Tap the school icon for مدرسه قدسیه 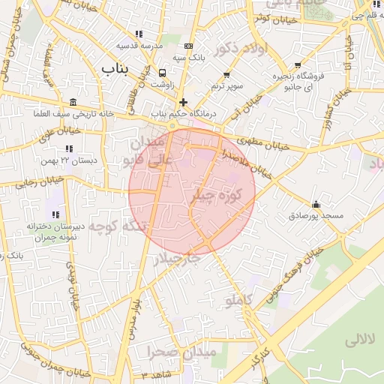(138, 34)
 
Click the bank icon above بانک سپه (187, 46)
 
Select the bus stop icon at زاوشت (163, 73)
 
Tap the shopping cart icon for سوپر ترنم (226, 75)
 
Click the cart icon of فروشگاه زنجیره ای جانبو (298, 64)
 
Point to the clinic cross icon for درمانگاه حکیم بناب (183, 101)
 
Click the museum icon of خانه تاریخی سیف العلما (73, 102)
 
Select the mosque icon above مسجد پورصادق (316, 204)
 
